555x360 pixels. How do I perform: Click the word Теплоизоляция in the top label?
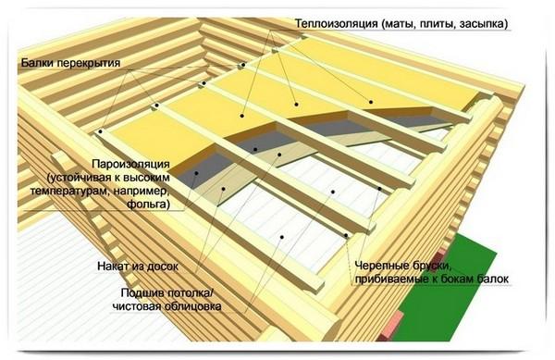337,24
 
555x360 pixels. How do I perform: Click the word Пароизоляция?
130,164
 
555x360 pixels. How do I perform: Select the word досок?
161,267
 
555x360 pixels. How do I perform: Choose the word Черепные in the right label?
380,266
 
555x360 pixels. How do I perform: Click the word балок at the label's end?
493,279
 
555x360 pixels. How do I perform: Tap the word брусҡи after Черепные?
430,266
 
